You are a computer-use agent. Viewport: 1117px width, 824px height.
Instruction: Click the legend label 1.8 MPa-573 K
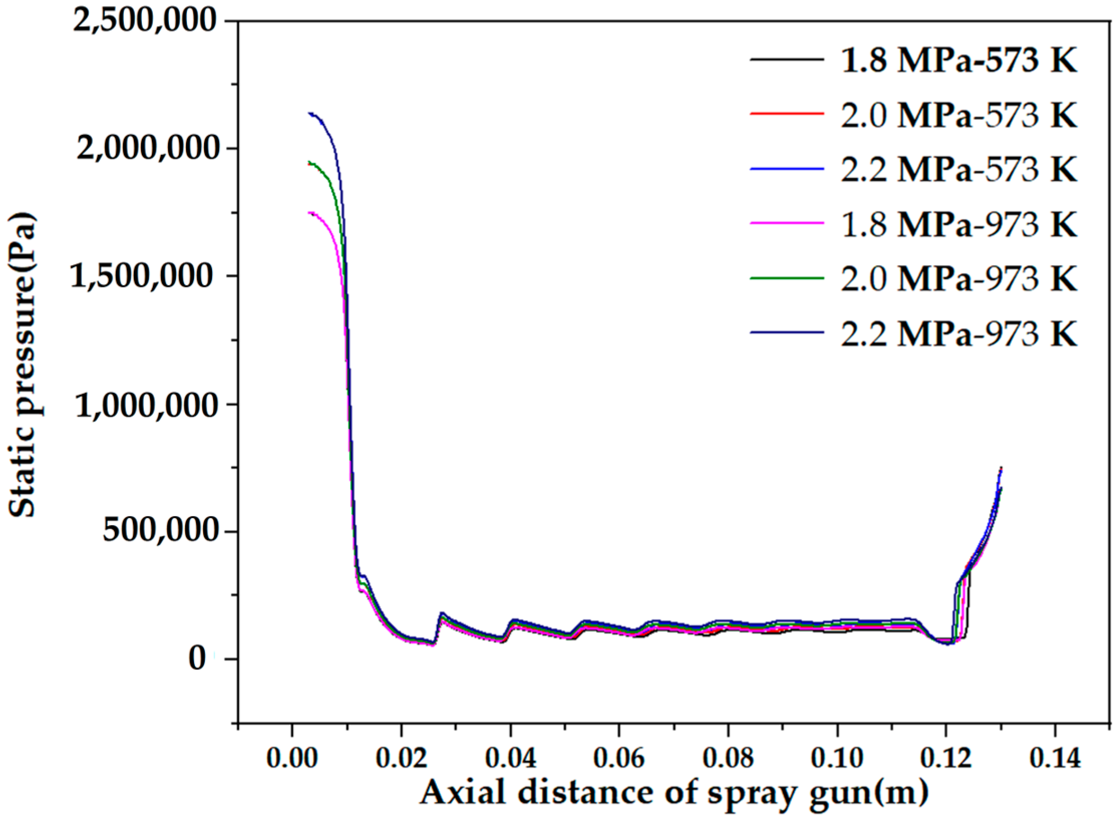958,61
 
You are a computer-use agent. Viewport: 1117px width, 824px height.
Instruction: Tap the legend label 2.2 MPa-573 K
958,170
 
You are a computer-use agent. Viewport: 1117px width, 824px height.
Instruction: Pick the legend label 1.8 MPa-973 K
958,224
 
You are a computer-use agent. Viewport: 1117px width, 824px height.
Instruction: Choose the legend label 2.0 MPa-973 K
958,279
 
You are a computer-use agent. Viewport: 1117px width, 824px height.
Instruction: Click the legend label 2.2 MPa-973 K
958,334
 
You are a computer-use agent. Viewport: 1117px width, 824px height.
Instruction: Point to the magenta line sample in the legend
787,223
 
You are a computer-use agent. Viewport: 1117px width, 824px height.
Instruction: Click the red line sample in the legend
787,114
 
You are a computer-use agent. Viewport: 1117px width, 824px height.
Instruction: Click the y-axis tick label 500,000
161,531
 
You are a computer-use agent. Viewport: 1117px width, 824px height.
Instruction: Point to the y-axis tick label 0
197,659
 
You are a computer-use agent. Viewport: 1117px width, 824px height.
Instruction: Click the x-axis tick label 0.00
291,757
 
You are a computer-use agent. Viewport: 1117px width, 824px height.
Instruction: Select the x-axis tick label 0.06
619,757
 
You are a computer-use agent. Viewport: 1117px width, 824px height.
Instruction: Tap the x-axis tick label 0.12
946,757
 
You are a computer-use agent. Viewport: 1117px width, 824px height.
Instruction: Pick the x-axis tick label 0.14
1055,757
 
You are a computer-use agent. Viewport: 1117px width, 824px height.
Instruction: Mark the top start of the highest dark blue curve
309,113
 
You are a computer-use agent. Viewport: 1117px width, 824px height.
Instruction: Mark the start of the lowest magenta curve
309,213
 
